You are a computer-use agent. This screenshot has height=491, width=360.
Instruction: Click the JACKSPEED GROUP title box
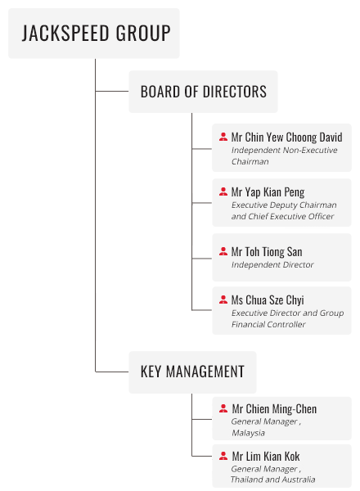coord(94,34)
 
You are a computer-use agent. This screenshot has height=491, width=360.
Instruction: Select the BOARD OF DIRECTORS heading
coord(204,92)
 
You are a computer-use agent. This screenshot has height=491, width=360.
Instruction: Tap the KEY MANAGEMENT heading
coord(192,372)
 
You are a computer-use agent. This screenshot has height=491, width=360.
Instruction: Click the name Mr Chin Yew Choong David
coord(286,137)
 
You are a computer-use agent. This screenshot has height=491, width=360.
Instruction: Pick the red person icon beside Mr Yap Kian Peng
coord(223,191)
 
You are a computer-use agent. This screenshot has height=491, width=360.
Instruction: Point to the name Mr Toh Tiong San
coord(267,251)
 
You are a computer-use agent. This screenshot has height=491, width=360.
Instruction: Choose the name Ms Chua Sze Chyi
coord(268,300)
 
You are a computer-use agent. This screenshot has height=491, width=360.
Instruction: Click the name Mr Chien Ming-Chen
coord(274,408)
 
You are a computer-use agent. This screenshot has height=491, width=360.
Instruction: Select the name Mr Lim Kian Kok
coord(266,457)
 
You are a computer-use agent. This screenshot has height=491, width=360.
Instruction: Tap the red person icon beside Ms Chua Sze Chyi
coord(223,300)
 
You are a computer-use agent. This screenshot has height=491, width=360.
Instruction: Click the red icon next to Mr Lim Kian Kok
coord(223,456)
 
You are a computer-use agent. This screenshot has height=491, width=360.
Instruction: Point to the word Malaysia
coord(248,433)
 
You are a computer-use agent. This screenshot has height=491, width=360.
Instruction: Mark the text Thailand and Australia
coord(273,480)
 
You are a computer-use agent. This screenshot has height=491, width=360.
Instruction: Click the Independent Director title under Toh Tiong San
coord(272,265)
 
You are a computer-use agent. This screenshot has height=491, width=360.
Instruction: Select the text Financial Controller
coord(268,324)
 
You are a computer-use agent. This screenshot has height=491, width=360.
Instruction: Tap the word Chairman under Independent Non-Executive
coord(250,161)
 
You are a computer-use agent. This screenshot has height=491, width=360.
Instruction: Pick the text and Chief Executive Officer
coord(282,216)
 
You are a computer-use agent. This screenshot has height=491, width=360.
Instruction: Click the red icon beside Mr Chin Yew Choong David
coord(223,137)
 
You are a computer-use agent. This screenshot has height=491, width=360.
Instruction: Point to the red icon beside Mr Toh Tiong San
coord(223,251)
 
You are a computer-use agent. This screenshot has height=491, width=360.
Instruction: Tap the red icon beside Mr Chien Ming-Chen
coord(223,408)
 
